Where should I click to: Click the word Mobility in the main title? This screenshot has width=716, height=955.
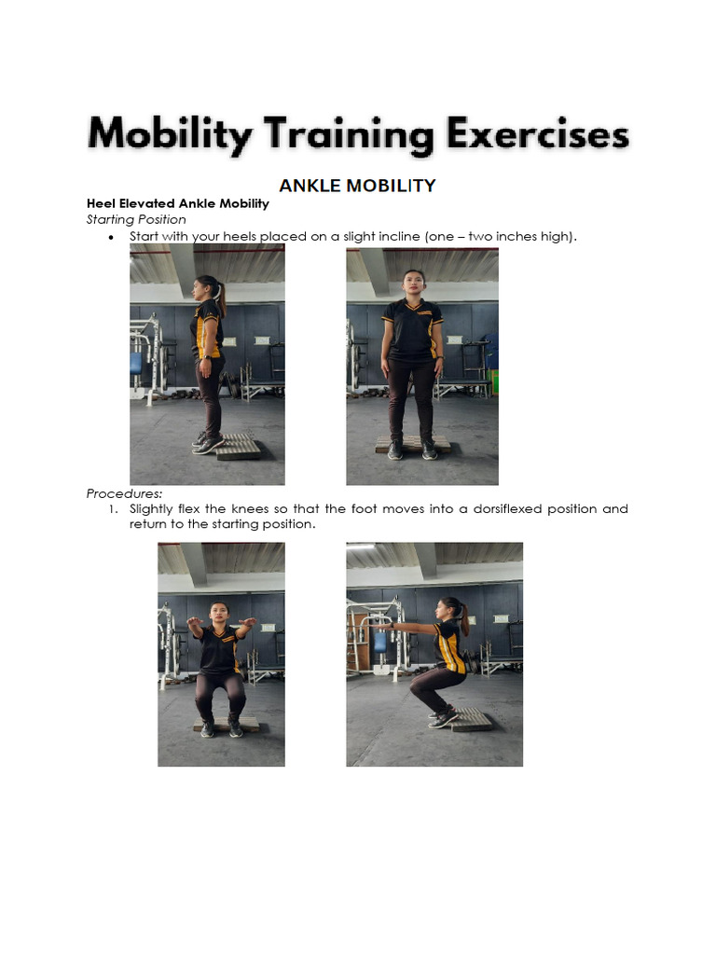pyautogui.click(x=169, y=136)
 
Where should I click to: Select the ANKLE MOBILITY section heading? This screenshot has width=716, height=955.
pyautogui.click(x=357, y=186)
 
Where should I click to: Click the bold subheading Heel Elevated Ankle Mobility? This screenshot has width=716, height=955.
pyautogui.click(x=178, y=203)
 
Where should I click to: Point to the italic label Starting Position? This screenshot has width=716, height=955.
pyautogui.click(x=136, y=219)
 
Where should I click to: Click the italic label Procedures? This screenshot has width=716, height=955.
pyautogui.click(x=125, y=492)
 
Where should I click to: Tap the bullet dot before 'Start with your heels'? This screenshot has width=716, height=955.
pyautogui.click(x=111, y=238)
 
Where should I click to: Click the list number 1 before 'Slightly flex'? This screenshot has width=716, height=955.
pyautogui.click(x=114, y=509)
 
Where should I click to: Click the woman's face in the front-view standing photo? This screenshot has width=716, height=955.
pyautogui.click(x=413, y=281)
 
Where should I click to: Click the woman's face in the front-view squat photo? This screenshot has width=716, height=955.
pyautogui.click(x=219, y=614)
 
